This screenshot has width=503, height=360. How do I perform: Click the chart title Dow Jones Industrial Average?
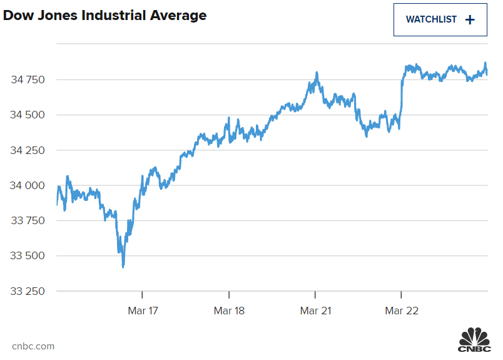point(104,16)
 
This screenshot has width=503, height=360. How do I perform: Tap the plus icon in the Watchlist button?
point(470,19)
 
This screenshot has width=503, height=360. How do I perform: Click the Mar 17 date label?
point(143,310)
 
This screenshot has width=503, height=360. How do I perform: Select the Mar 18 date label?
point(229,310)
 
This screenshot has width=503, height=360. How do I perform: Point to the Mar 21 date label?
point(315,310)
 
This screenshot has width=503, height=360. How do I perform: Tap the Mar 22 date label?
point(401,310)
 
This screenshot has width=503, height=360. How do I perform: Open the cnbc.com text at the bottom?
point(33,346)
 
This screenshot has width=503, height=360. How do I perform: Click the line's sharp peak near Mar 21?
point(317,73)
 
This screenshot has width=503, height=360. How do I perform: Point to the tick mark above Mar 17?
point(143,294)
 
